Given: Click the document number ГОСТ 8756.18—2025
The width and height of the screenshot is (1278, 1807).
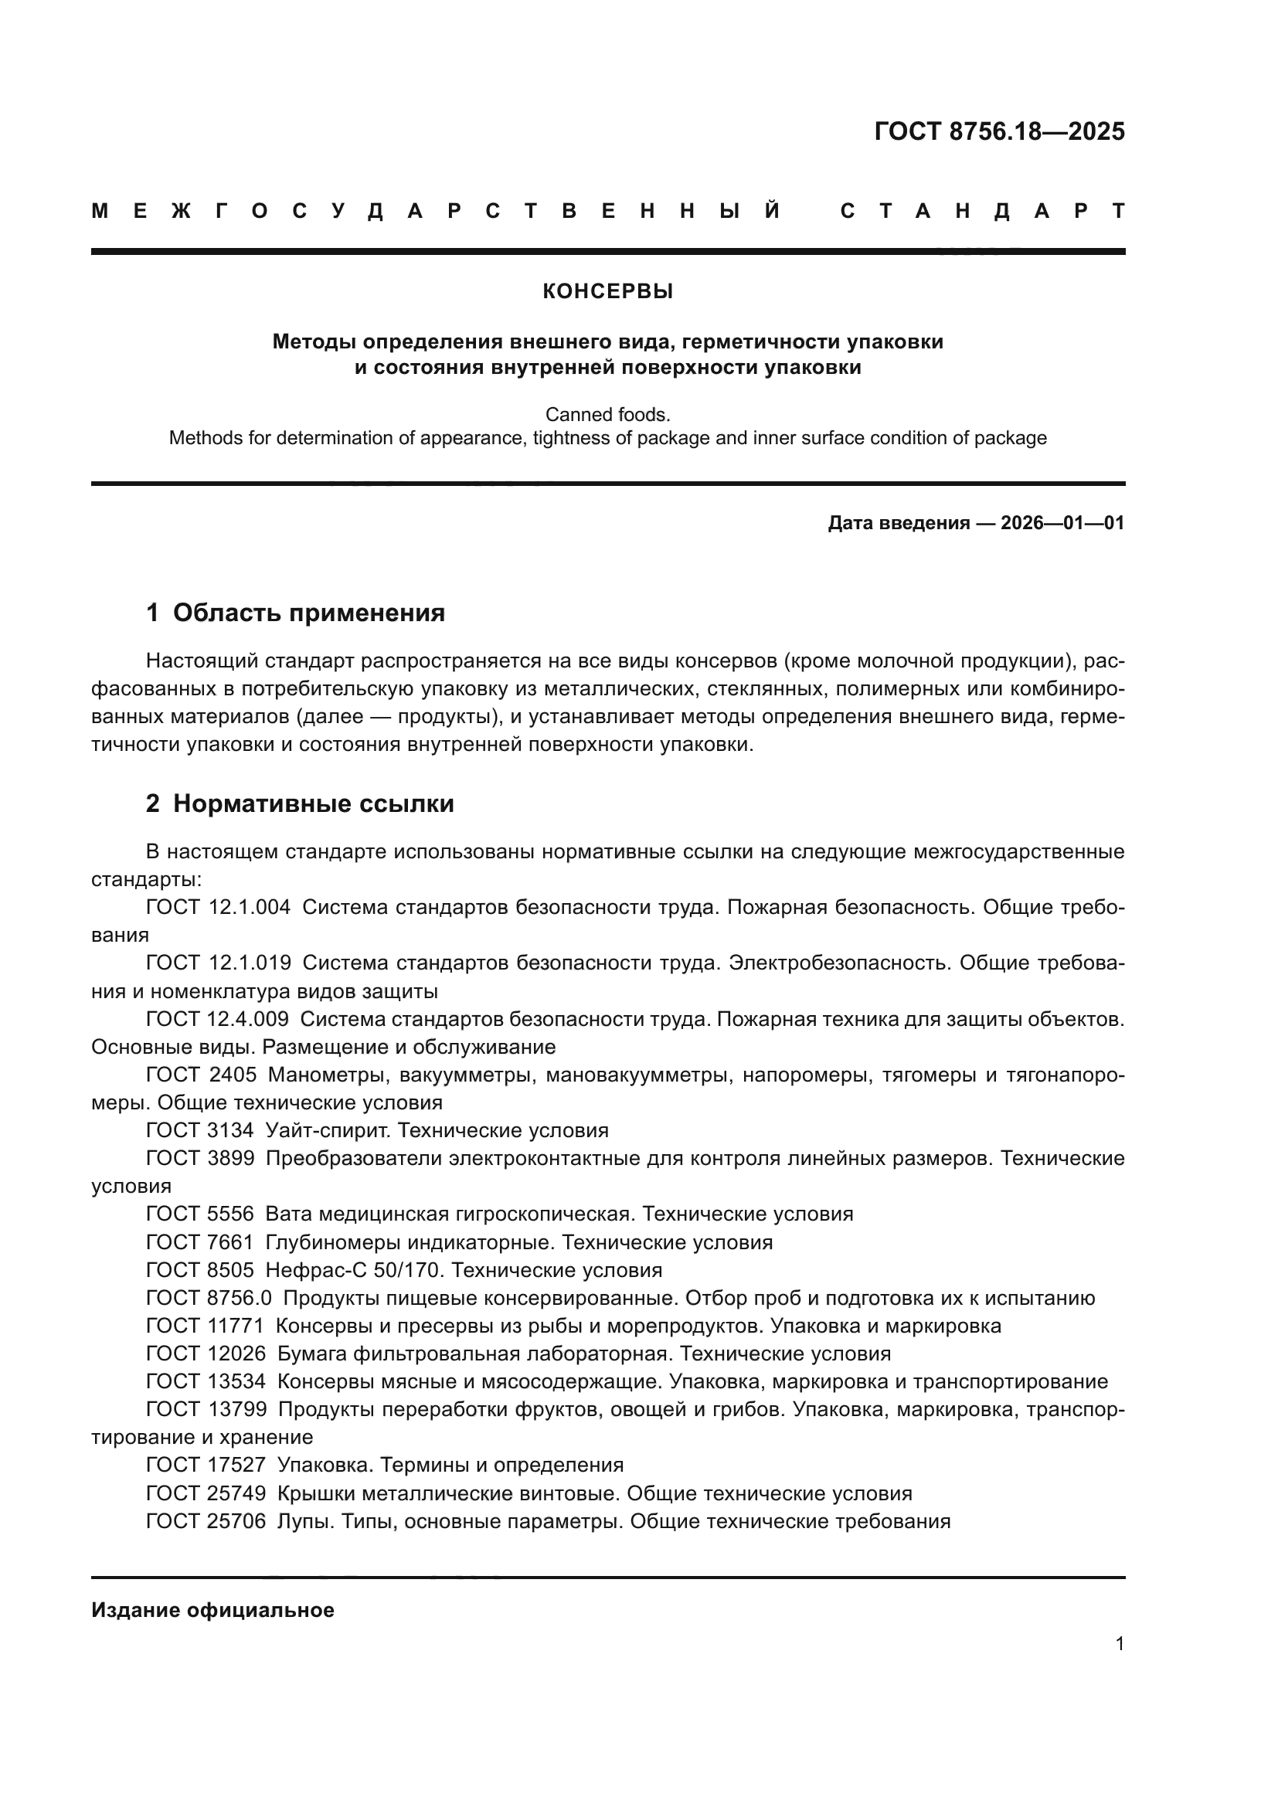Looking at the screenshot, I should tap(998, 131).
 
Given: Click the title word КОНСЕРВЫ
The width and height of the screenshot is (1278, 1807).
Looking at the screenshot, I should tap(607, 292).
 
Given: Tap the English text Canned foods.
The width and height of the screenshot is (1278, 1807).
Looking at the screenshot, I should tap(607, 414).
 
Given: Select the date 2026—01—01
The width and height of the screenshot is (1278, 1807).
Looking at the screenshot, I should tap(1062, 523).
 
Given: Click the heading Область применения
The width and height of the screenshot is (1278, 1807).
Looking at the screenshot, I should tap(308, 613).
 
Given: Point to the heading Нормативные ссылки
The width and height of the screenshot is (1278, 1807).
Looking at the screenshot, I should tap(313, 803).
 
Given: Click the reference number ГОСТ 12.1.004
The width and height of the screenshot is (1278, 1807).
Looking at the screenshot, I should tap(218, 908).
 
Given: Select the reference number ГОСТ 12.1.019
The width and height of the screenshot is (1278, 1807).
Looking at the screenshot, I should tap(218, 963).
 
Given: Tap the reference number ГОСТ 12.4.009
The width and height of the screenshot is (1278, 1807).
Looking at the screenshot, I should tap(217, 1019).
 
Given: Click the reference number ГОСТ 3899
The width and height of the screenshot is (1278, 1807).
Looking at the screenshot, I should tap(200, 1159).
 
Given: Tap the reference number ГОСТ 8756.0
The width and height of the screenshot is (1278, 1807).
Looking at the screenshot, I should tap(209, 1298).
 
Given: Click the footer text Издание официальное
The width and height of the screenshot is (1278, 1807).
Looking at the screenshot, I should tap(212, 1610).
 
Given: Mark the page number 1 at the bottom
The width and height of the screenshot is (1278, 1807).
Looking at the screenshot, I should tap(1119, 1643).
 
